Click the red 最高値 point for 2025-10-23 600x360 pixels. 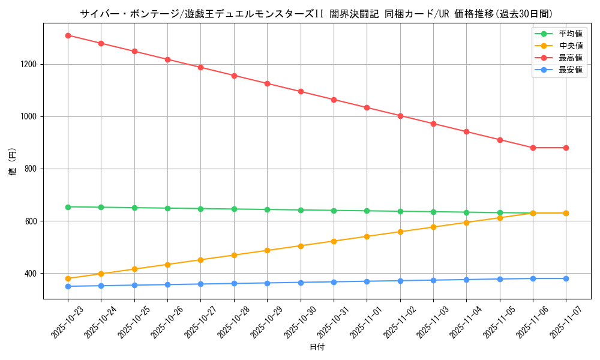(68, 35)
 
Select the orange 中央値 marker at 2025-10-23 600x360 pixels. (68, 278)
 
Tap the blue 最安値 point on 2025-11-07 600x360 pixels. (566, 278)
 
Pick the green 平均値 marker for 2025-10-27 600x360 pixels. (200, 209)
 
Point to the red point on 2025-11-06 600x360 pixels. (533, 148)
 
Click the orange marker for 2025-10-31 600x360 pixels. (334, 241)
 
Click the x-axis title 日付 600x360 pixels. (317, 347)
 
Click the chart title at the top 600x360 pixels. (316, 14)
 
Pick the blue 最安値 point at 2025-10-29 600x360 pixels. (267, 283)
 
